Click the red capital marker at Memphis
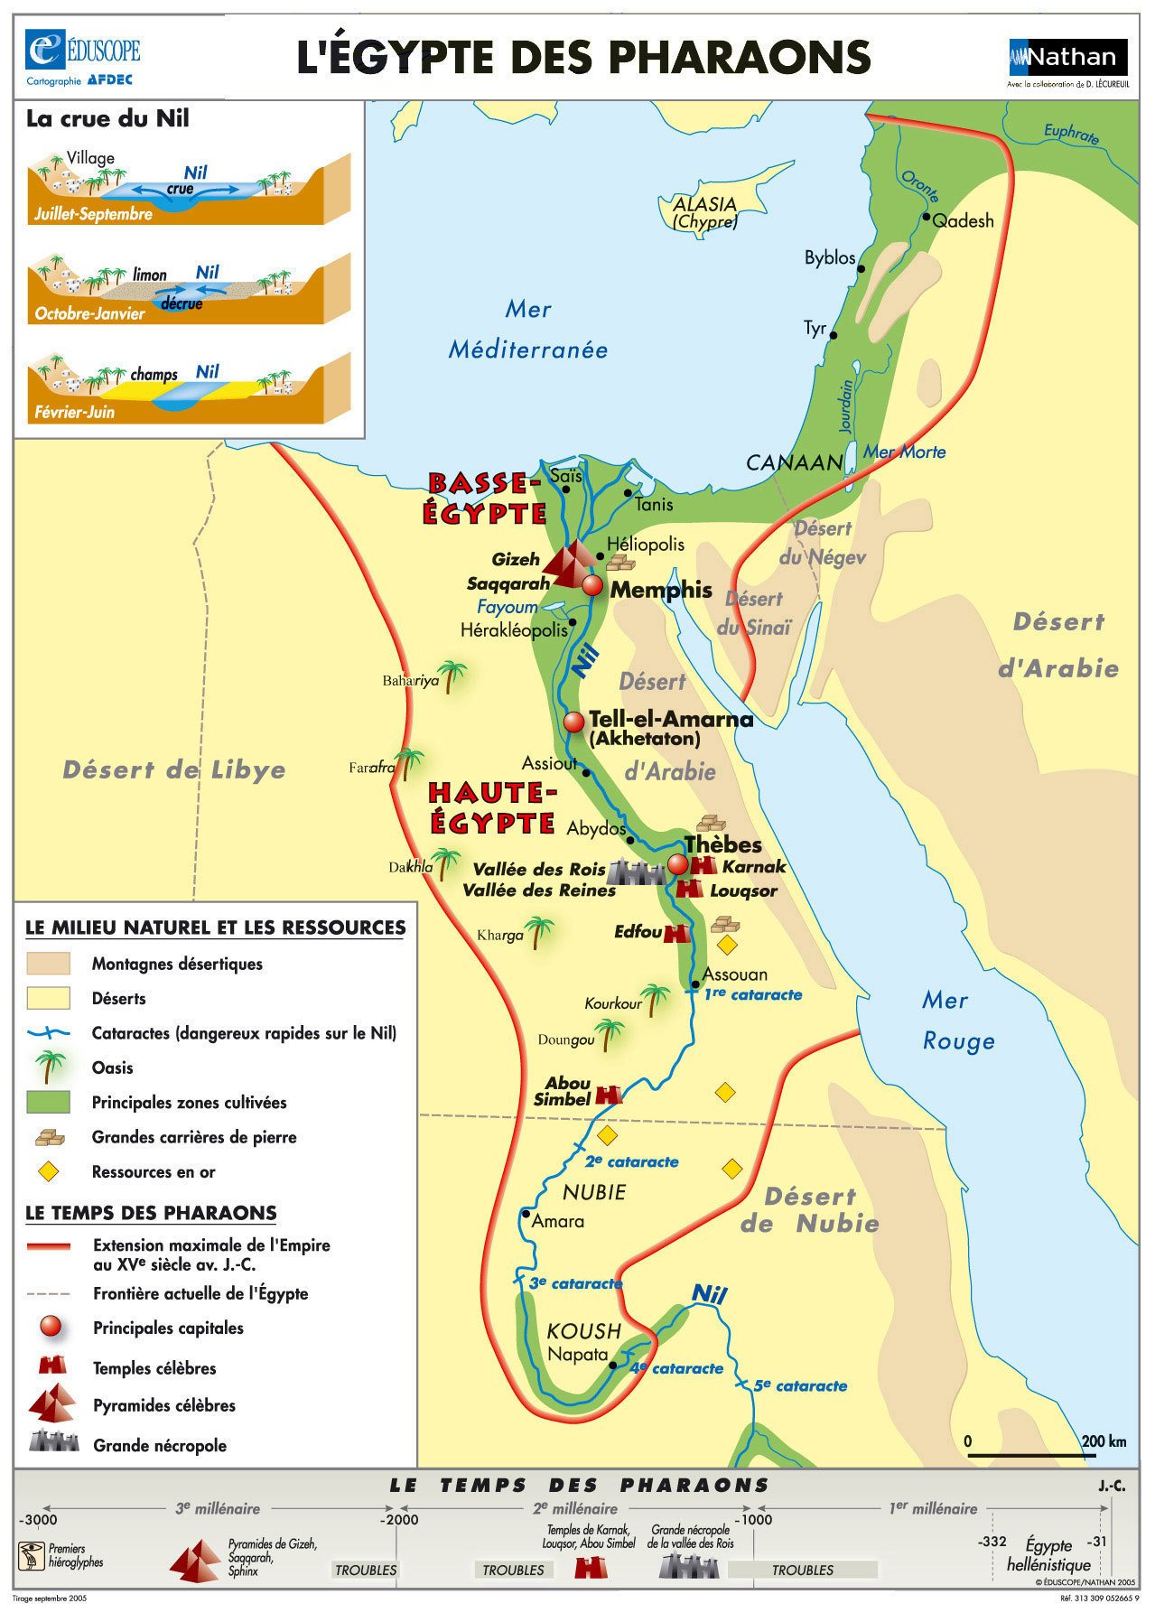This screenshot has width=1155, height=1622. click(592, 585)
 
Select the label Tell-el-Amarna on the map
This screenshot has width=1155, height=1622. click(670, 720)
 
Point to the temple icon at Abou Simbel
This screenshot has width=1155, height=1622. click(610, 1095)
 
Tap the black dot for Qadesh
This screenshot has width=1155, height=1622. click(926, 218)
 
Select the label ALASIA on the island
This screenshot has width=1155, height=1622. click(704, 205)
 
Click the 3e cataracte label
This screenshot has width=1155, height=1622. click(576, 1283)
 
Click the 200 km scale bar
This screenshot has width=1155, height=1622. click(1031, 1455)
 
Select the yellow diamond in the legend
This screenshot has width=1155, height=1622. click(48, 1172)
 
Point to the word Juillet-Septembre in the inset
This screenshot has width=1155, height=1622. click(93, 215)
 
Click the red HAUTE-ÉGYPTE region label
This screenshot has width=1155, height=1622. click(492, 806)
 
